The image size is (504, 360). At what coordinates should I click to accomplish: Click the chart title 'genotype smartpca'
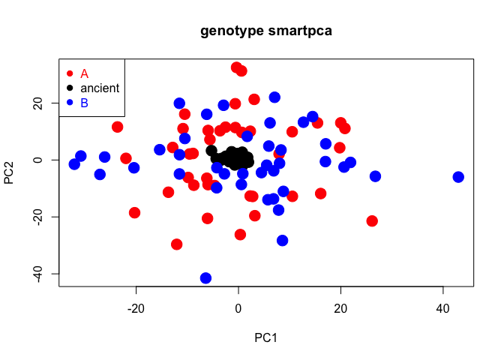tap(266, 31)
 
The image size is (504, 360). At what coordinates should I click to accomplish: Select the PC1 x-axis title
tap(265, 337)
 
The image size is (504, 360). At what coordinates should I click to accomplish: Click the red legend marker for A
tap(70, 73)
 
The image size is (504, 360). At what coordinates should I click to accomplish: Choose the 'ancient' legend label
tap(100, 88)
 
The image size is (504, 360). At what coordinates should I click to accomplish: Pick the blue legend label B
tap(84, 102)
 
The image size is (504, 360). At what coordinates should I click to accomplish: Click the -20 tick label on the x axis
tap(136, 307)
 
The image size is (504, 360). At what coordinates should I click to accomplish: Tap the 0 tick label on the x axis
tap(238, 307)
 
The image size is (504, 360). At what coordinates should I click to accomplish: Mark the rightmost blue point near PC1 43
tap(458, 177)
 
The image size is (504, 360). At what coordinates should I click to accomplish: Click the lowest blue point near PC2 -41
tap(205, 278)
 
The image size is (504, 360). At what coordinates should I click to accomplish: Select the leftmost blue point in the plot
tap(74, 164)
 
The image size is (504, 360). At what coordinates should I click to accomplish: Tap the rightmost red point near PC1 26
tap(372, 221)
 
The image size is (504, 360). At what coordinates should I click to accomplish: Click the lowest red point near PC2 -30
tap(177, 244)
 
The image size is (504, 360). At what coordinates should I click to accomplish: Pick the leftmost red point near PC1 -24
tap(118, 127)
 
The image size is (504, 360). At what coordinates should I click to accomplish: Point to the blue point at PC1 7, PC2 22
tap(274, 97)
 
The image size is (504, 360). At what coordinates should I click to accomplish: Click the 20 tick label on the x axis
tap(340, 307)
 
